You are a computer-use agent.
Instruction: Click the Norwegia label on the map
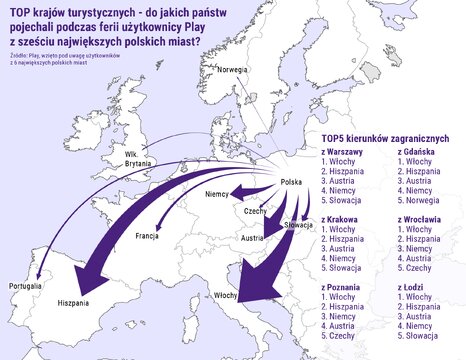pyautogui.click(x=232, y=69)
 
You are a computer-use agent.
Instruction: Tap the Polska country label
pyautogui.click(x=291, y=181)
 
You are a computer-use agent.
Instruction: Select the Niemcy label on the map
pyautogui.click(x=217, y=193)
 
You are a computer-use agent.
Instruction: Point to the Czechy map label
pyautogui.click(x=255, y=212)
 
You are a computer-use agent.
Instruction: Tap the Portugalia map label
pyautogui.click(x=25, y=286)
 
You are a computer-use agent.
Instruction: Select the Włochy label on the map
pyautogui.click(x=226, y=296)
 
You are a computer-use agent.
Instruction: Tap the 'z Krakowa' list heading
pyautogui.click(x=340, y=218)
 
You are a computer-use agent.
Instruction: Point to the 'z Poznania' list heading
pyautogui.click(x=341, y=285)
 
